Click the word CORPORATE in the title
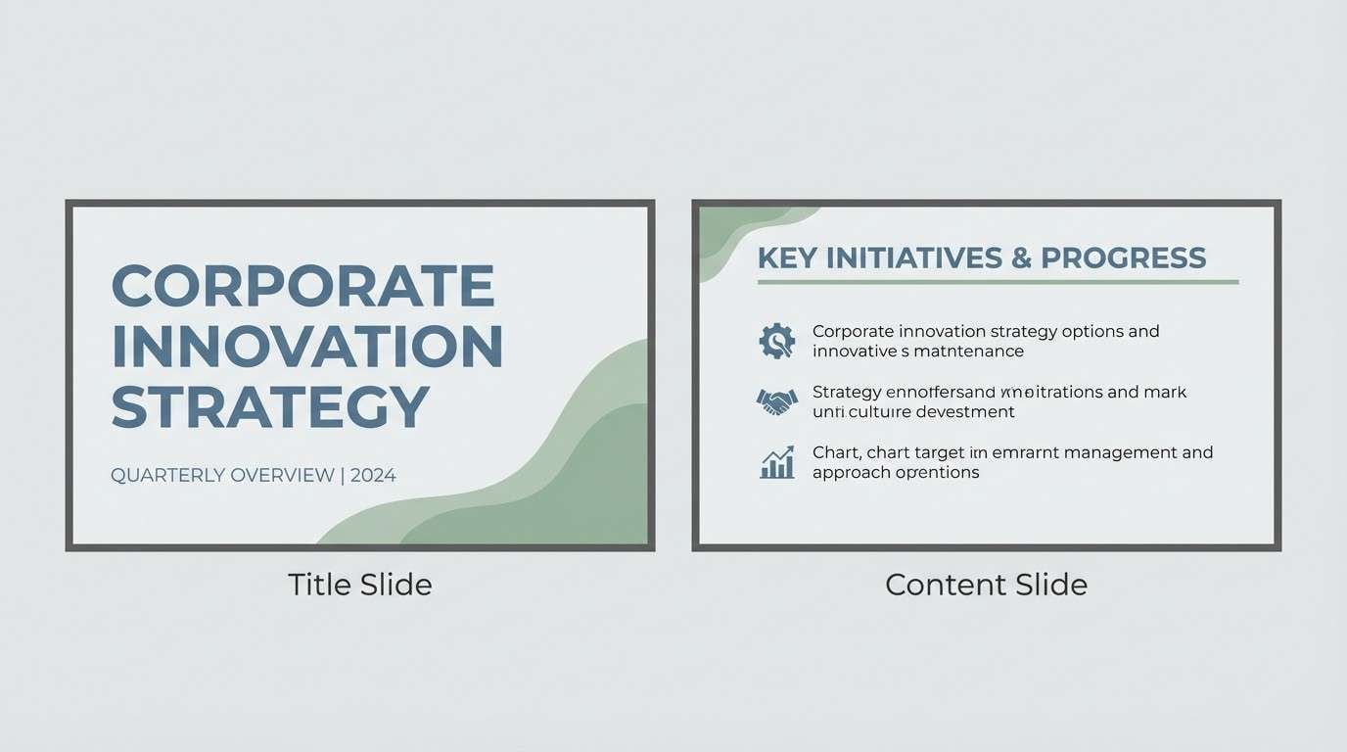tap(303, 286)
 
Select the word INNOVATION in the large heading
tap(307, 346)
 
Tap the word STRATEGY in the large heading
tap(271, 406)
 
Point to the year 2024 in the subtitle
tap(373, 476)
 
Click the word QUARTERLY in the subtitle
tap(167, 476)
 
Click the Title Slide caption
tap(359, 586)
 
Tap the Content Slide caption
tap(986, 586)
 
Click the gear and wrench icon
tap(777, 341)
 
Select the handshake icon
tap(777, 401)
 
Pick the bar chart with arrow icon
tap(777, 462)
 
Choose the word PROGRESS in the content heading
tap(1123, 258)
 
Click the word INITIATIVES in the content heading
tap(915, 258)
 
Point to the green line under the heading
tap(998, 282)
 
